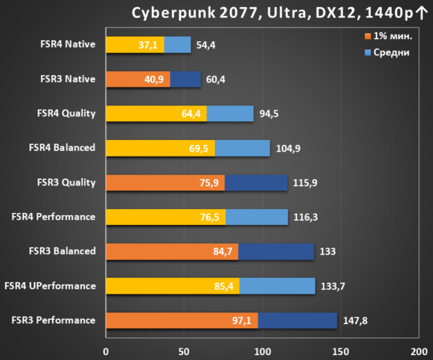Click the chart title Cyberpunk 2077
point(195,13)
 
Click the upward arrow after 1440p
point(421,13)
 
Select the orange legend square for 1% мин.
point(367,36)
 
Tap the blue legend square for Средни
point(367,53)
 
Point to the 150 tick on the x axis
point(341,351)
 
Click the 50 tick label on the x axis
point(184,351)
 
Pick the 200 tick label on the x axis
point(419,351)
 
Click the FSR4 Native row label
point(68,44)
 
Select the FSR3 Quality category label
point(66,183)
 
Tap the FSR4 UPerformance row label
point(51,286)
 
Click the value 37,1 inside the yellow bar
point(148,45)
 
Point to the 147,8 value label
point(355,320)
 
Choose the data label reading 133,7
point(333,286)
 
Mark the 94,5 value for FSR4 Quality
point(269,113)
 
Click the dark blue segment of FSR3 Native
point(185,79)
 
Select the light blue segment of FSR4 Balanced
point(242,148)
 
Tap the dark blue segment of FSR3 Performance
point(297,320)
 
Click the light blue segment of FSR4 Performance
point(257,217)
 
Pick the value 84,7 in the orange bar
point(222,252)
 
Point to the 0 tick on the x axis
point(106,351)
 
